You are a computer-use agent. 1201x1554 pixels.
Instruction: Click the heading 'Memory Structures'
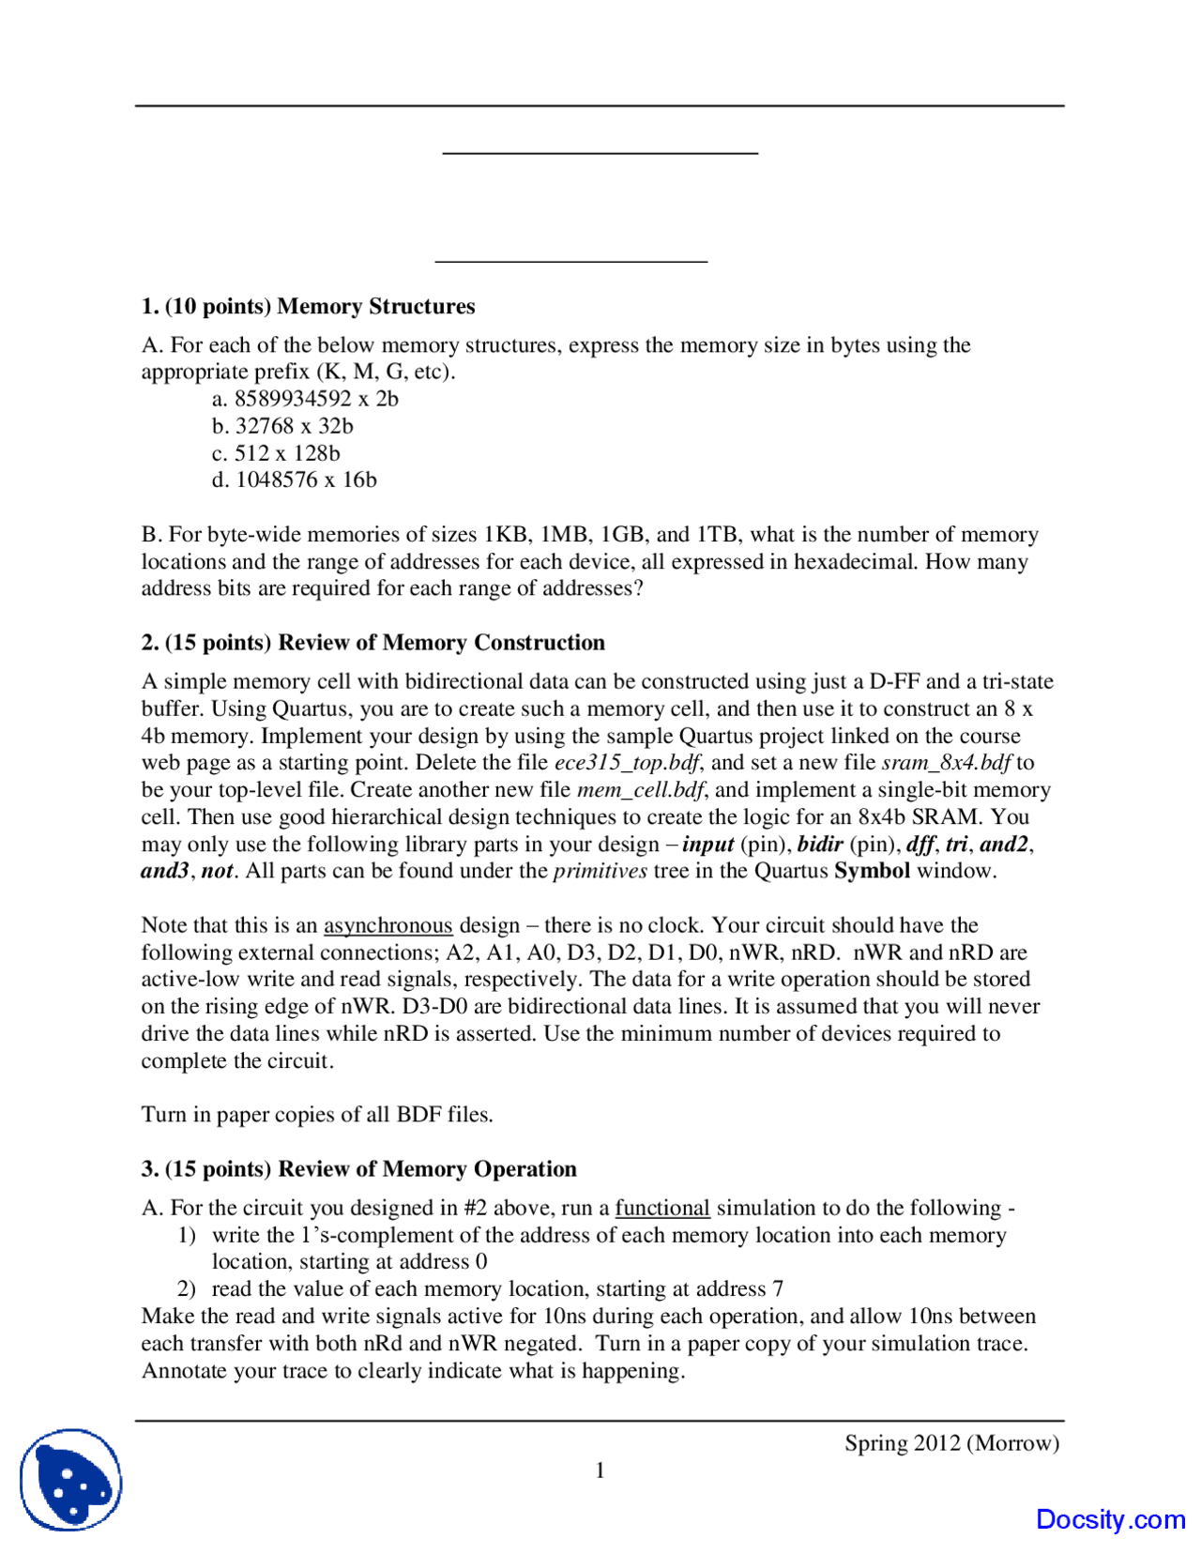point(375,306)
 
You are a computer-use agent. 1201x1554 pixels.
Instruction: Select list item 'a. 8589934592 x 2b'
point(305,399)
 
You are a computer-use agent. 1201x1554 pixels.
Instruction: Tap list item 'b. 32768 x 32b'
point(282,426)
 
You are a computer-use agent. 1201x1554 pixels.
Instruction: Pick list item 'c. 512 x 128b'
point(276,453)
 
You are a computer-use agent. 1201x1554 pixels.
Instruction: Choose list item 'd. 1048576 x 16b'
point(294,480)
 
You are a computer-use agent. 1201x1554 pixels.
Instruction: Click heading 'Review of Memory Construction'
point(441,643)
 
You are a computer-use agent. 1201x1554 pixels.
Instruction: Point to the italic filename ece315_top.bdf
point(626,763)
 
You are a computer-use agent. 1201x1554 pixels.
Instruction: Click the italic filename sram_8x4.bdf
point(946,763)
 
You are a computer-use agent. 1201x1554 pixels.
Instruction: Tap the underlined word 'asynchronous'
point(388,925)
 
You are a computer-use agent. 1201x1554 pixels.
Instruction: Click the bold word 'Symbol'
point(872,871)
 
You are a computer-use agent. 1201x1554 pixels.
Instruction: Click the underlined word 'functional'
point(662,1208)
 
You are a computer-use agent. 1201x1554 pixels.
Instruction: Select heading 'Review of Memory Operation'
point(427,1169)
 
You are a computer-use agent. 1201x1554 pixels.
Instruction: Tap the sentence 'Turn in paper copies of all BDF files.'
point(317,1115)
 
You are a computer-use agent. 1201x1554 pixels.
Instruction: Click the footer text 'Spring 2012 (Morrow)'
point(951,1443)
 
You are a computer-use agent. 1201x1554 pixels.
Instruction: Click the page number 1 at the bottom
point(600,1470)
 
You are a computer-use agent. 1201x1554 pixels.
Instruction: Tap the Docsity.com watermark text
point(1110,1519)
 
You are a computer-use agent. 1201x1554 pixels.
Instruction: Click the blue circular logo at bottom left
point(71,1481)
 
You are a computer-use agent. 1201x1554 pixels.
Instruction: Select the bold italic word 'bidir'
point(820,845)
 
